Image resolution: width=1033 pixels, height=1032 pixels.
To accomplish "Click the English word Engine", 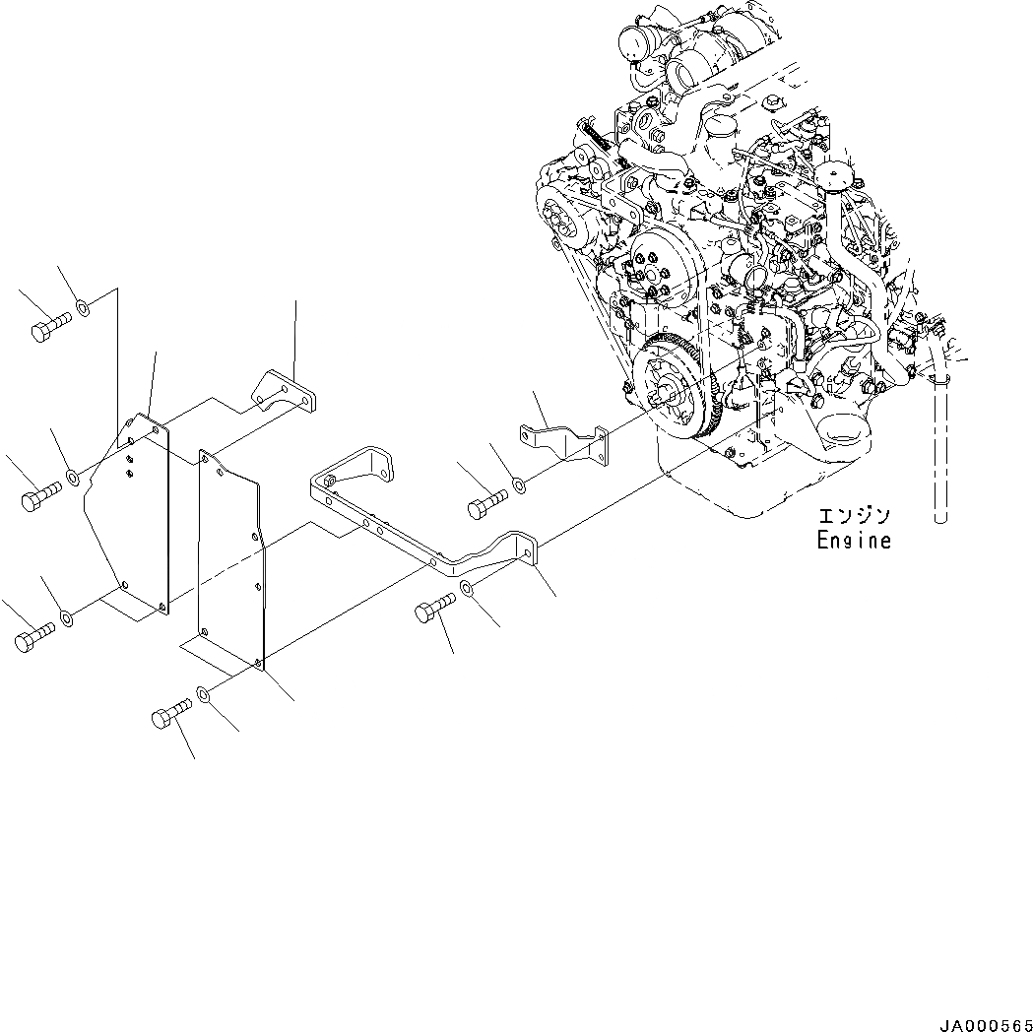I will click(x=854, y=541).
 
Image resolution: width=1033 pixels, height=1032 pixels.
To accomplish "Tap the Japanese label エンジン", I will click(x=854, y=515).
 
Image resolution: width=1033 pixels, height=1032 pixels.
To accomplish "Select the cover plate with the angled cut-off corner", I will click(x=128, y=522).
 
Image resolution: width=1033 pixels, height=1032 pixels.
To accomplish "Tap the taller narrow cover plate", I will click(x=231, y=561).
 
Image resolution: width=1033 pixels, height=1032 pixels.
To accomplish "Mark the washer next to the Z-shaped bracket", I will click(x=518, y=484).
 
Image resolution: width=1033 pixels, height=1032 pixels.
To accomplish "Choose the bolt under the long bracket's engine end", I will click(x=431, y=613).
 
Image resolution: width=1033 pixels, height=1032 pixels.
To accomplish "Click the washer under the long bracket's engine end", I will click(x=467, y=591).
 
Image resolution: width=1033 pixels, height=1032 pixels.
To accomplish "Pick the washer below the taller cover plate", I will click(x=204, y=695).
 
